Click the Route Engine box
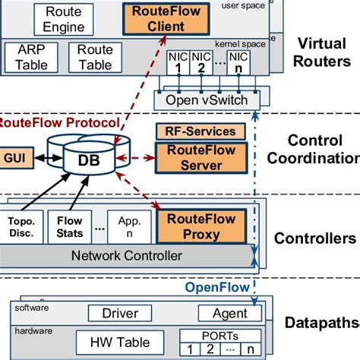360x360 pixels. pyautogui.click(x=64, y=20)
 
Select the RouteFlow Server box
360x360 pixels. pyautogui.click(x=201, y=157)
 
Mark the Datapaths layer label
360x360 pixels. pyautogui.click(x=319, y=324)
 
